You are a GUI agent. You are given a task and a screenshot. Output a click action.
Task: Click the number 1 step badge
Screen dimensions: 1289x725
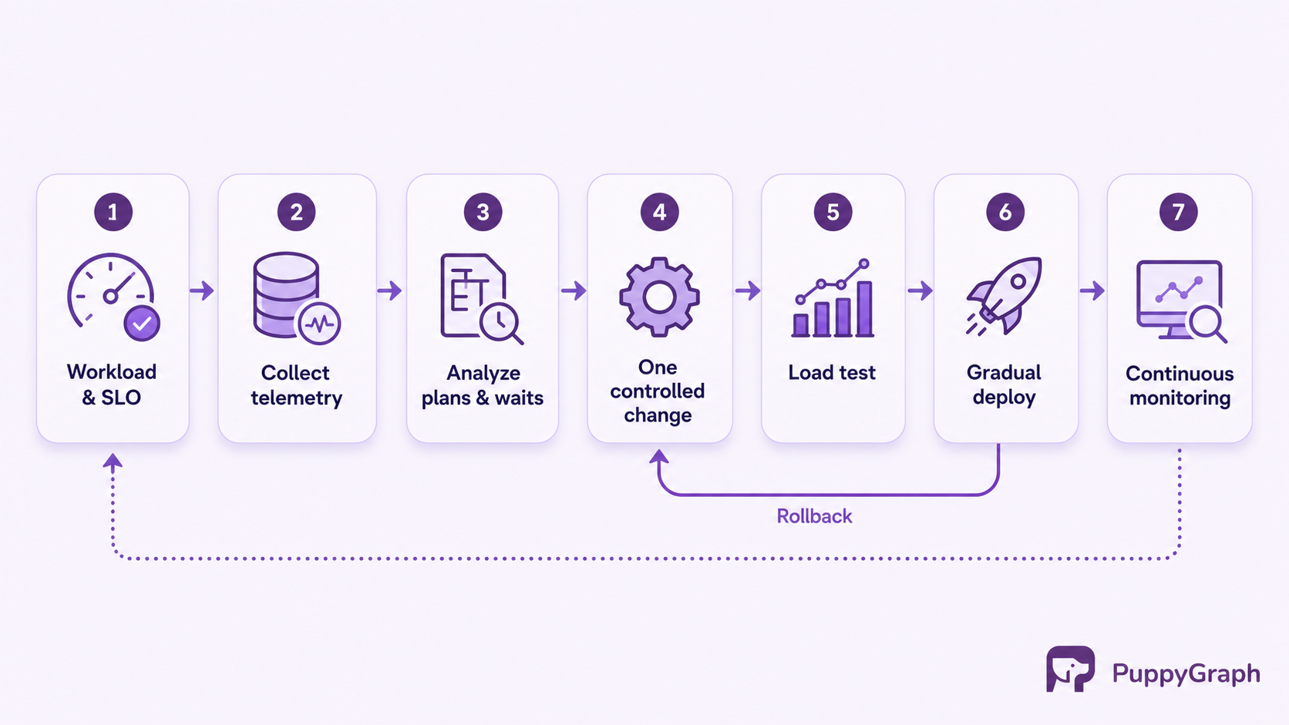point(113,212)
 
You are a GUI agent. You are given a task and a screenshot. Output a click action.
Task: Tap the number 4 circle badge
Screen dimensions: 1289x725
point(659,212)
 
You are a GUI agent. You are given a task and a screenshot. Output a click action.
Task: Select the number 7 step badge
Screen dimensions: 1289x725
point(1179,212)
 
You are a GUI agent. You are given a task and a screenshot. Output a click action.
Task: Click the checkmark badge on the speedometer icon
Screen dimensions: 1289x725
point(142,324)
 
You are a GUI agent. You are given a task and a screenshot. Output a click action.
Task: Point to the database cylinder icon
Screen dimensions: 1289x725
point(286,294)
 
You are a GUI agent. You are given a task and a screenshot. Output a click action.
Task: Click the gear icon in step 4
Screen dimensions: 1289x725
point(659,297)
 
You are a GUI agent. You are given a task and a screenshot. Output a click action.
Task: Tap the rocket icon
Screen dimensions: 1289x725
point(1005,296)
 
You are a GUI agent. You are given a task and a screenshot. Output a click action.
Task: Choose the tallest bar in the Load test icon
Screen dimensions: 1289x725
point(864,308)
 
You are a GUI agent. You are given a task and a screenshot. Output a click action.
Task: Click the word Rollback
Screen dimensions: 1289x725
point(814,516)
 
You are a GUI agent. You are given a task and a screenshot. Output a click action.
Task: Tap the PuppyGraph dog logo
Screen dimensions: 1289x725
point(1070,669)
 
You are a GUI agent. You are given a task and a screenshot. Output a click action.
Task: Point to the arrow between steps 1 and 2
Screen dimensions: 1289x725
point(202,290)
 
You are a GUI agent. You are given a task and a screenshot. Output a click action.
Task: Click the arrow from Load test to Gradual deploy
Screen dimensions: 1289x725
point(920,290)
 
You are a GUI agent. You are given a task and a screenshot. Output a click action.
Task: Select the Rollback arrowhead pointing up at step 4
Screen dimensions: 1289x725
point(659,457)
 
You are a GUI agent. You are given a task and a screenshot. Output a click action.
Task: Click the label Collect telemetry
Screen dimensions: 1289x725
point(296,385)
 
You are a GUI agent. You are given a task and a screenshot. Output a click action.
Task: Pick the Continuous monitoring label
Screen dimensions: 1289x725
point(1180,386)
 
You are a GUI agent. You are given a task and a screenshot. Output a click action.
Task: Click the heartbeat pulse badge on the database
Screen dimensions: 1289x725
point(319,324)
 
